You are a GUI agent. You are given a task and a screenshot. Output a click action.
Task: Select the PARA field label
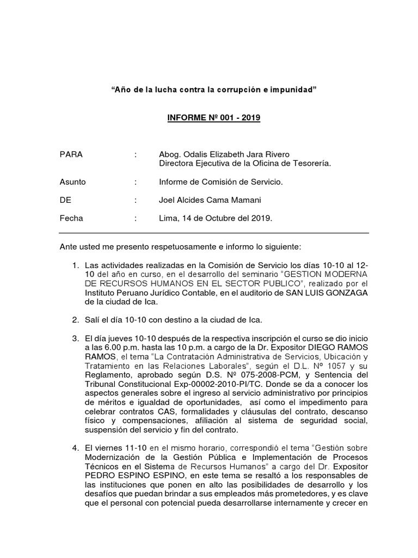(71, 154)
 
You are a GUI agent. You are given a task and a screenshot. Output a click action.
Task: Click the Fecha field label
(71, 218)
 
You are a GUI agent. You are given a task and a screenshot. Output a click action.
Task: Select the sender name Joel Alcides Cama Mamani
(201, 200)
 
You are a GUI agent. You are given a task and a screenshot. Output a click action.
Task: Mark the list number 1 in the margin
(76, 265)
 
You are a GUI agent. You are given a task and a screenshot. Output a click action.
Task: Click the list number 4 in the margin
(76, 448)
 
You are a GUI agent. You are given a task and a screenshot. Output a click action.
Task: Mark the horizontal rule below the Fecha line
(213, 233)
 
